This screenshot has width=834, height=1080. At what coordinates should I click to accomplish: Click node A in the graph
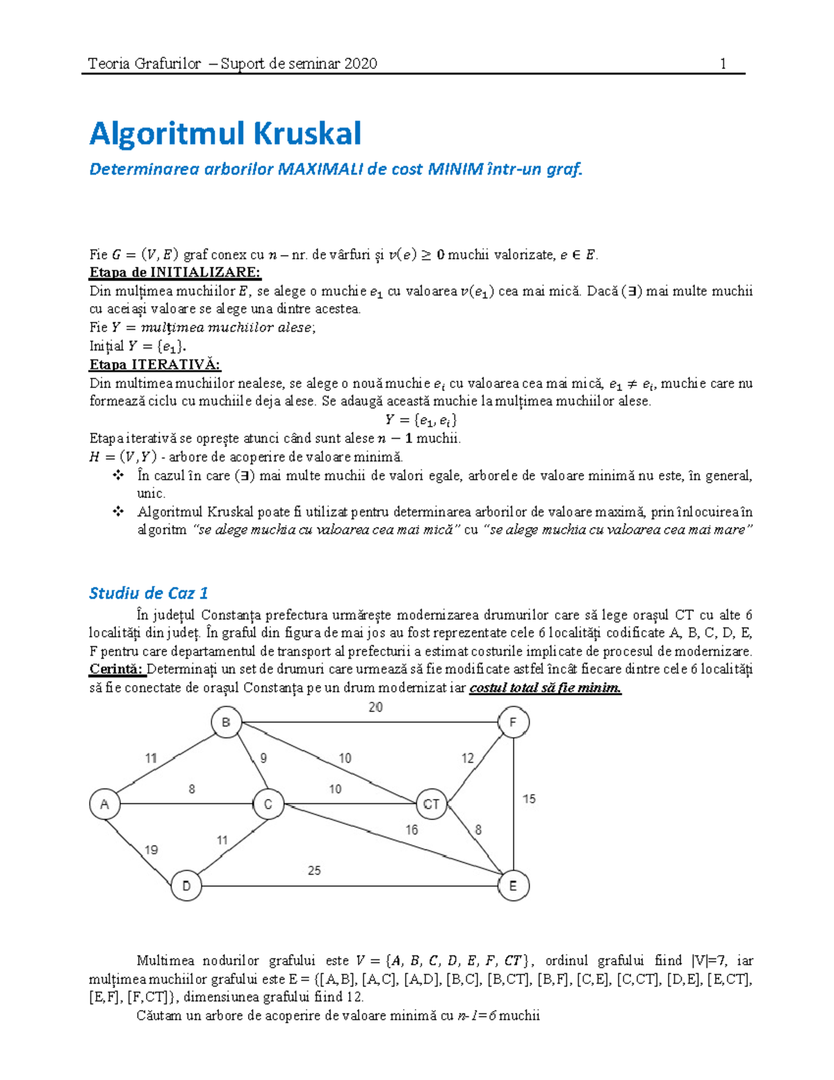coord(104,805)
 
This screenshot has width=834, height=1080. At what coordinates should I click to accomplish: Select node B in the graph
coord(226,723)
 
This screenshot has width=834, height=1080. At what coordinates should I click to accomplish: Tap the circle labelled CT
coord(431,805)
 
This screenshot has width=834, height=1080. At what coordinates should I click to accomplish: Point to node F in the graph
coord(513,723)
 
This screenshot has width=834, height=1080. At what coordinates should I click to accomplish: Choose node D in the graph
coord(186,886)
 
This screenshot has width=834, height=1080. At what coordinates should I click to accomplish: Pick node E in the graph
coord(513,886)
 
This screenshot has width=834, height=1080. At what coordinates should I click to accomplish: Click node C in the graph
coord(268,805)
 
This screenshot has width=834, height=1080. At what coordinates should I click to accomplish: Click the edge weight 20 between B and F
coord(375,707)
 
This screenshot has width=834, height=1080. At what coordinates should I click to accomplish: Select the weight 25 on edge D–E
coord(314,871)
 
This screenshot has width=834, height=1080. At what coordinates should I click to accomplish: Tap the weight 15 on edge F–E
coord(529,799)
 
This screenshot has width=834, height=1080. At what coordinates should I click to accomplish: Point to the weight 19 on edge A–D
coord(151,850)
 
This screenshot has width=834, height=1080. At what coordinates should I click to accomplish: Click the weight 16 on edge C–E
coord(411,830)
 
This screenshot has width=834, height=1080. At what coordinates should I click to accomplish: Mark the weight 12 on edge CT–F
coord(468,758)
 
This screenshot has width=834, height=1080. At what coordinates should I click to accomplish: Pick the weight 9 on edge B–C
coord(263,758)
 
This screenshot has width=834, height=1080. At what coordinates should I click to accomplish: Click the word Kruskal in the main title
coord(307,133)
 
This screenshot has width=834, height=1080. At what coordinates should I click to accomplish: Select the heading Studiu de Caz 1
coord(148,593)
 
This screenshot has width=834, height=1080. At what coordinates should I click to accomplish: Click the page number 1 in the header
coord(723,64)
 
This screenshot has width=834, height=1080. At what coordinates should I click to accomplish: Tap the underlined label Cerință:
coord(117,669)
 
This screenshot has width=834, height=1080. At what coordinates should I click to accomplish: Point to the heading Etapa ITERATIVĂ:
coord(155,364)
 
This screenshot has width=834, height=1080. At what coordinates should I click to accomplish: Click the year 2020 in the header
coord(360,64)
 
